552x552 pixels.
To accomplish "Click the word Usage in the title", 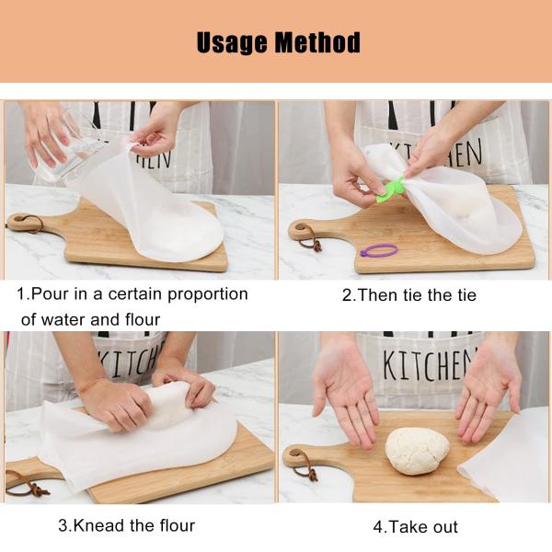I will click(x=232, y=42).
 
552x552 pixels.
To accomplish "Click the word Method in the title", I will click(x=315, y=42).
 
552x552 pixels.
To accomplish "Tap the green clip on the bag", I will click(x=392, y=188).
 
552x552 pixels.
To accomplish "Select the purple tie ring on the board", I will click(x=378, y=249).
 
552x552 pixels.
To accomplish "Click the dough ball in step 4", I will click(x=417, y=451).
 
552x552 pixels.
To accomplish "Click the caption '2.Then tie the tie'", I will click(x=409, y=295).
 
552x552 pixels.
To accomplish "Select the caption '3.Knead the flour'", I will click(x=127, y=526).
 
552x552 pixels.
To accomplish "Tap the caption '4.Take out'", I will click(x=415, y=527).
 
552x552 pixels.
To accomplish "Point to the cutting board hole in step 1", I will click(x=20, y=222).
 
